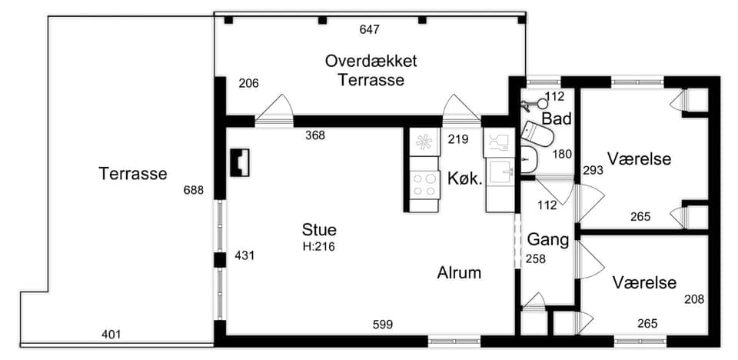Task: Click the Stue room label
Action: pos(319,230)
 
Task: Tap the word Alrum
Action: pos(459,273)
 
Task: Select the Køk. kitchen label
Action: pos(465,179)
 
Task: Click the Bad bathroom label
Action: pos(557,118)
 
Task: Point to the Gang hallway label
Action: pos(548,240)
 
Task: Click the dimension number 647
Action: pos(370,30)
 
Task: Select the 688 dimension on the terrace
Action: pos(194,190)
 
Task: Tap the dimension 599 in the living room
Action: pos(383,324)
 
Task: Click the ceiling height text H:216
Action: pos(318,246)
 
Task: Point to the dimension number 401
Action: pos(111,335)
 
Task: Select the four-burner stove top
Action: pos(424,185)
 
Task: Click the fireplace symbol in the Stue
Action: pos(240,162)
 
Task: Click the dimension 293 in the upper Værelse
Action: pos(593,170)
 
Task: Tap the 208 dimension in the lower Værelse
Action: pos(695,299)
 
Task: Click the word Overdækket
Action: pos(371,62)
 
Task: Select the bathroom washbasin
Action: pos(529,159)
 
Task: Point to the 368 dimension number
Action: pos(315,135)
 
